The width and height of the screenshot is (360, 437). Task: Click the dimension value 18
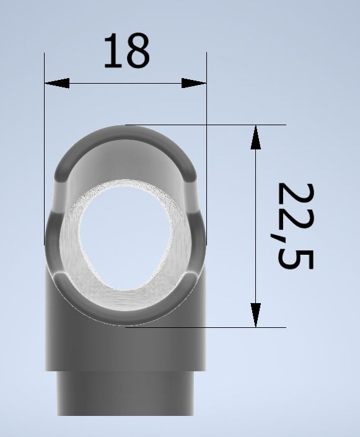pyautogui.click(x=126, y=51)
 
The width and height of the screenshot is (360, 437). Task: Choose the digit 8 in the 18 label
pyautogui.click(x=138, y=51)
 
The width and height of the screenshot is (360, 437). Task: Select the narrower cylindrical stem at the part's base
pyautogui.click(x=125, y=397)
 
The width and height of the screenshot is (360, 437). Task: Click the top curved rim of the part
pyautogui.click(x=125, y=133)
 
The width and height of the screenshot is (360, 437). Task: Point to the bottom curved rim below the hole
pyautogui.click(x=125, y=316)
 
